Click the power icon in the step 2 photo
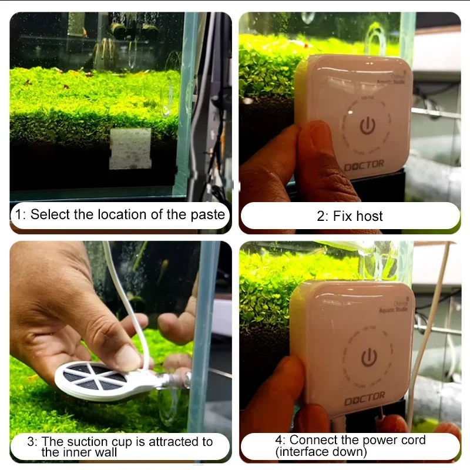pyautogui.click(x=366, y=127)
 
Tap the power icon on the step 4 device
pyautogui.click(x=368, y=357)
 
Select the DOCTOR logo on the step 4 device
pyautogui.click(x=364, y=395)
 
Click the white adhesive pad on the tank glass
pyautogui.click(x=130, y=149)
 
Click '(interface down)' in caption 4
pyautogui.click(x=321, y=452)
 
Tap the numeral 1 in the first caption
pyautogui.click(x=18, y=215)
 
